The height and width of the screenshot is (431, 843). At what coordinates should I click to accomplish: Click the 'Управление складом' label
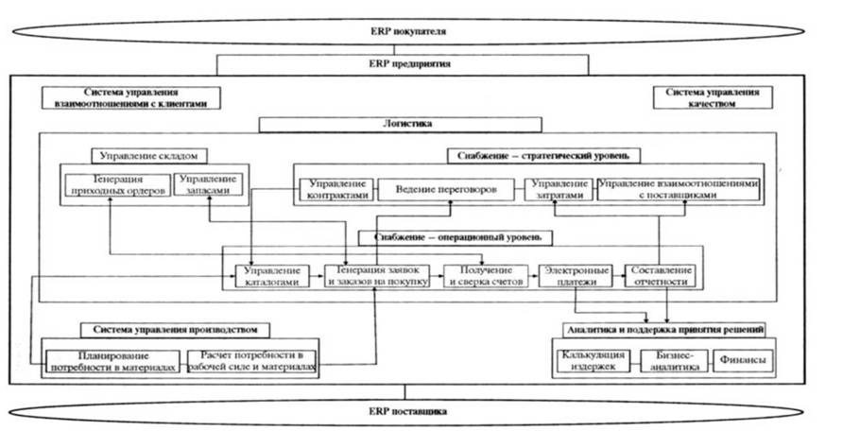click(149, 155)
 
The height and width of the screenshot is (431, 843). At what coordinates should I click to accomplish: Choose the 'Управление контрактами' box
click(336, 189)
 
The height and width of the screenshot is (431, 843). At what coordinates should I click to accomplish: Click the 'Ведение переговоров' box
click(445, 189)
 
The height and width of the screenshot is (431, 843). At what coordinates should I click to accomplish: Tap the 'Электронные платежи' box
click(576, 275)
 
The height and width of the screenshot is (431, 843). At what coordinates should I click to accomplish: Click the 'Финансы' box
click(741, 362)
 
